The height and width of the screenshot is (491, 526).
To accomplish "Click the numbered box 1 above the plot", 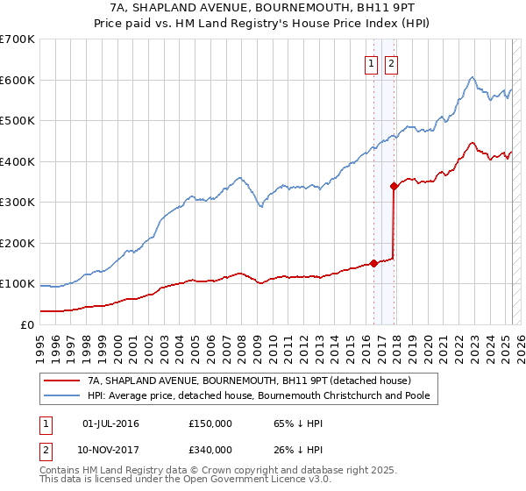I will point(371,62).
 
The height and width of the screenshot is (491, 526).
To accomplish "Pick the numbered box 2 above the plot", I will point(390,62).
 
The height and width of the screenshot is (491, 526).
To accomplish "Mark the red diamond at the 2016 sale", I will point(373,262).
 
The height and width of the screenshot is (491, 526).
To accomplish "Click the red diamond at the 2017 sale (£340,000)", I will point(394,185).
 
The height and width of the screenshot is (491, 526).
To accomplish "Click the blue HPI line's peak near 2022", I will point(472,77).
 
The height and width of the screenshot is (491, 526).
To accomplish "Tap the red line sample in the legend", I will point(61,381).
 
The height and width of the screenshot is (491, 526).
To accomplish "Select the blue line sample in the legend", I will point(61,395).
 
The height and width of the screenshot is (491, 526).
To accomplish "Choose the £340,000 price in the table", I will point(210,449).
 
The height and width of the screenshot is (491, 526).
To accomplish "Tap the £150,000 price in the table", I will point(210,423).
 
